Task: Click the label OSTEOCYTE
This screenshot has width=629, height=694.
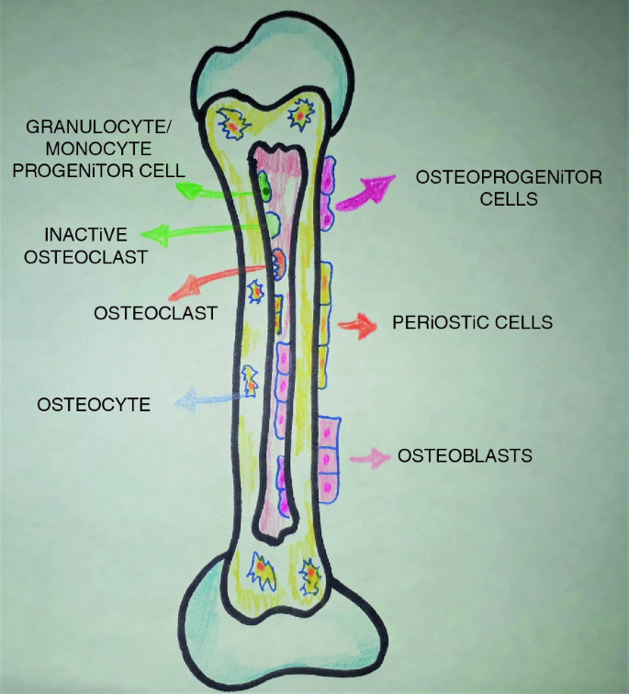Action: click(93, 403)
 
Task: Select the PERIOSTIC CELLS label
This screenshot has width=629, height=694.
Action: click(472, 323)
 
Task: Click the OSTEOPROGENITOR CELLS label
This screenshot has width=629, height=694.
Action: click(508, 186)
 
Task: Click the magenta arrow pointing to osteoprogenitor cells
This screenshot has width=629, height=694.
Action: click(362, 193)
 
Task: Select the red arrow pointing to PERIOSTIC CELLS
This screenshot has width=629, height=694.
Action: click(357, 323)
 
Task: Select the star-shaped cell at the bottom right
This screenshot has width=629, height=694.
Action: click(310, 576)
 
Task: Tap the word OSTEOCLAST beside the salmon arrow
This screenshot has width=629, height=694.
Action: click(154, 313)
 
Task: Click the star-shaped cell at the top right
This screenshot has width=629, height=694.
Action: click(299, 115)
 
